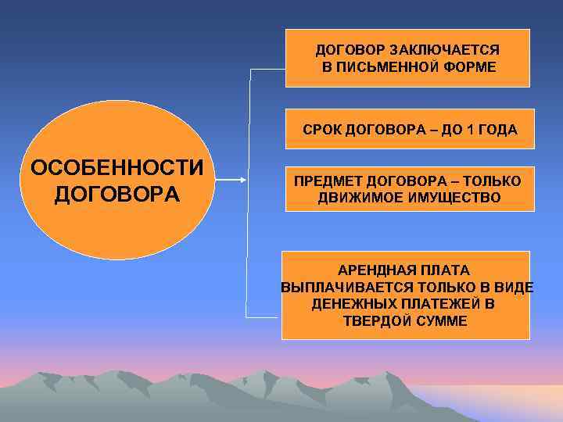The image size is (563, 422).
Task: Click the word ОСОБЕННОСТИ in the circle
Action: (117, 169)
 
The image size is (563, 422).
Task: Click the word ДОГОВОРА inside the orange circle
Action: (117, 193)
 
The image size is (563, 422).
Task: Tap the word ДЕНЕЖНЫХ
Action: (348, 303)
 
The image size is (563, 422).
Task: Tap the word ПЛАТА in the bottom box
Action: (447, 270)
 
